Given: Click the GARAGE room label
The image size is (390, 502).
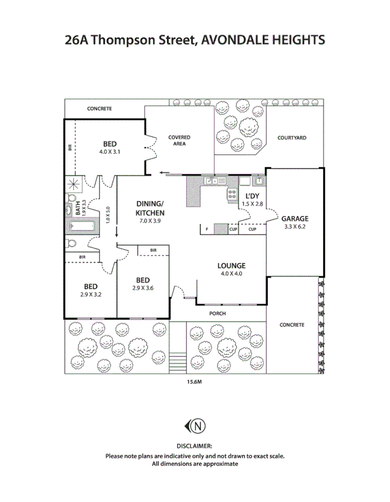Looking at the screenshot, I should coord(295,218).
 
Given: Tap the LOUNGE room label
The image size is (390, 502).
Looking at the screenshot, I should coord(231,266).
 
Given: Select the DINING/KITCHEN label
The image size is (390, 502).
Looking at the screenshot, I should coord(149,209).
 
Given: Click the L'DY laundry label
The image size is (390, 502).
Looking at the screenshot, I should coord(253,196).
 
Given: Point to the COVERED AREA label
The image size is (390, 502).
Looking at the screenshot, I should coord(179,140).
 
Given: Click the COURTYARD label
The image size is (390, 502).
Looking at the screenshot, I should coord(292,138).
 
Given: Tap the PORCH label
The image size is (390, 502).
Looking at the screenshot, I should coord(218,314).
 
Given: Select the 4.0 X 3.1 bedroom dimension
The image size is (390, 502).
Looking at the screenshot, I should coord(110,152).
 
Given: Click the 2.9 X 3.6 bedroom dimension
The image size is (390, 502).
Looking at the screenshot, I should coord(143,288).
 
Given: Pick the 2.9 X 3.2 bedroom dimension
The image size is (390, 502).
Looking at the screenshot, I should coord(90,294).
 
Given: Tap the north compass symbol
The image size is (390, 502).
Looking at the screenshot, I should coord(196,426).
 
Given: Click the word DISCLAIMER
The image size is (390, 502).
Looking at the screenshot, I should coord(194,446).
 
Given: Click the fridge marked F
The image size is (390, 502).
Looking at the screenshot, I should coord(207,230).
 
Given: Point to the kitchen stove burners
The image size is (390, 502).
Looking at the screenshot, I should coord(233,194).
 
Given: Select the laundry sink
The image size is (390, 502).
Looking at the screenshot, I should coord(258,181).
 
